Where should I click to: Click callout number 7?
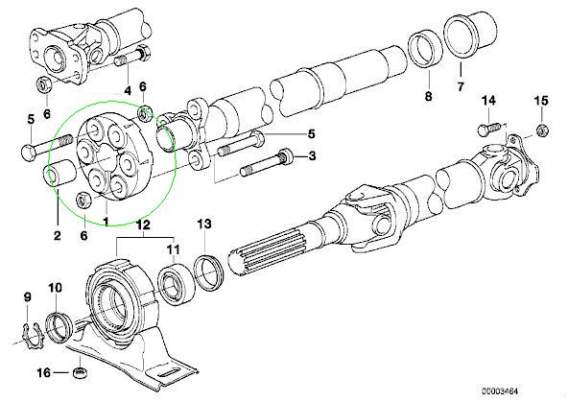tap(460, 86)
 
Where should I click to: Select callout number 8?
tap(428, 96)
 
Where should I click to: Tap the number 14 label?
tap(488, 101)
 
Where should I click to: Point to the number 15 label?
tap(541, 101)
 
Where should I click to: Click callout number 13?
tap(204, 224)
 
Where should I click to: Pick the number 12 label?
tap(143, 225)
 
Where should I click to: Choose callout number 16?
tap(44, 372)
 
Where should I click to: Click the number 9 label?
tap(28, 297)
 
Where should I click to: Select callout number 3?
tap(312, 156)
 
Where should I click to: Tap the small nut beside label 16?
tap(80, 372)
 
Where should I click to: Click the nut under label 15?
tap(542, 130)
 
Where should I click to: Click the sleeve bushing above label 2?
tap(59, 174)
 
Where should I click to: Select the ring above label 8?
tap(426, 49)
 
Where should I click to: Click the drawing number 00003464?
tap(500, 391)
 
